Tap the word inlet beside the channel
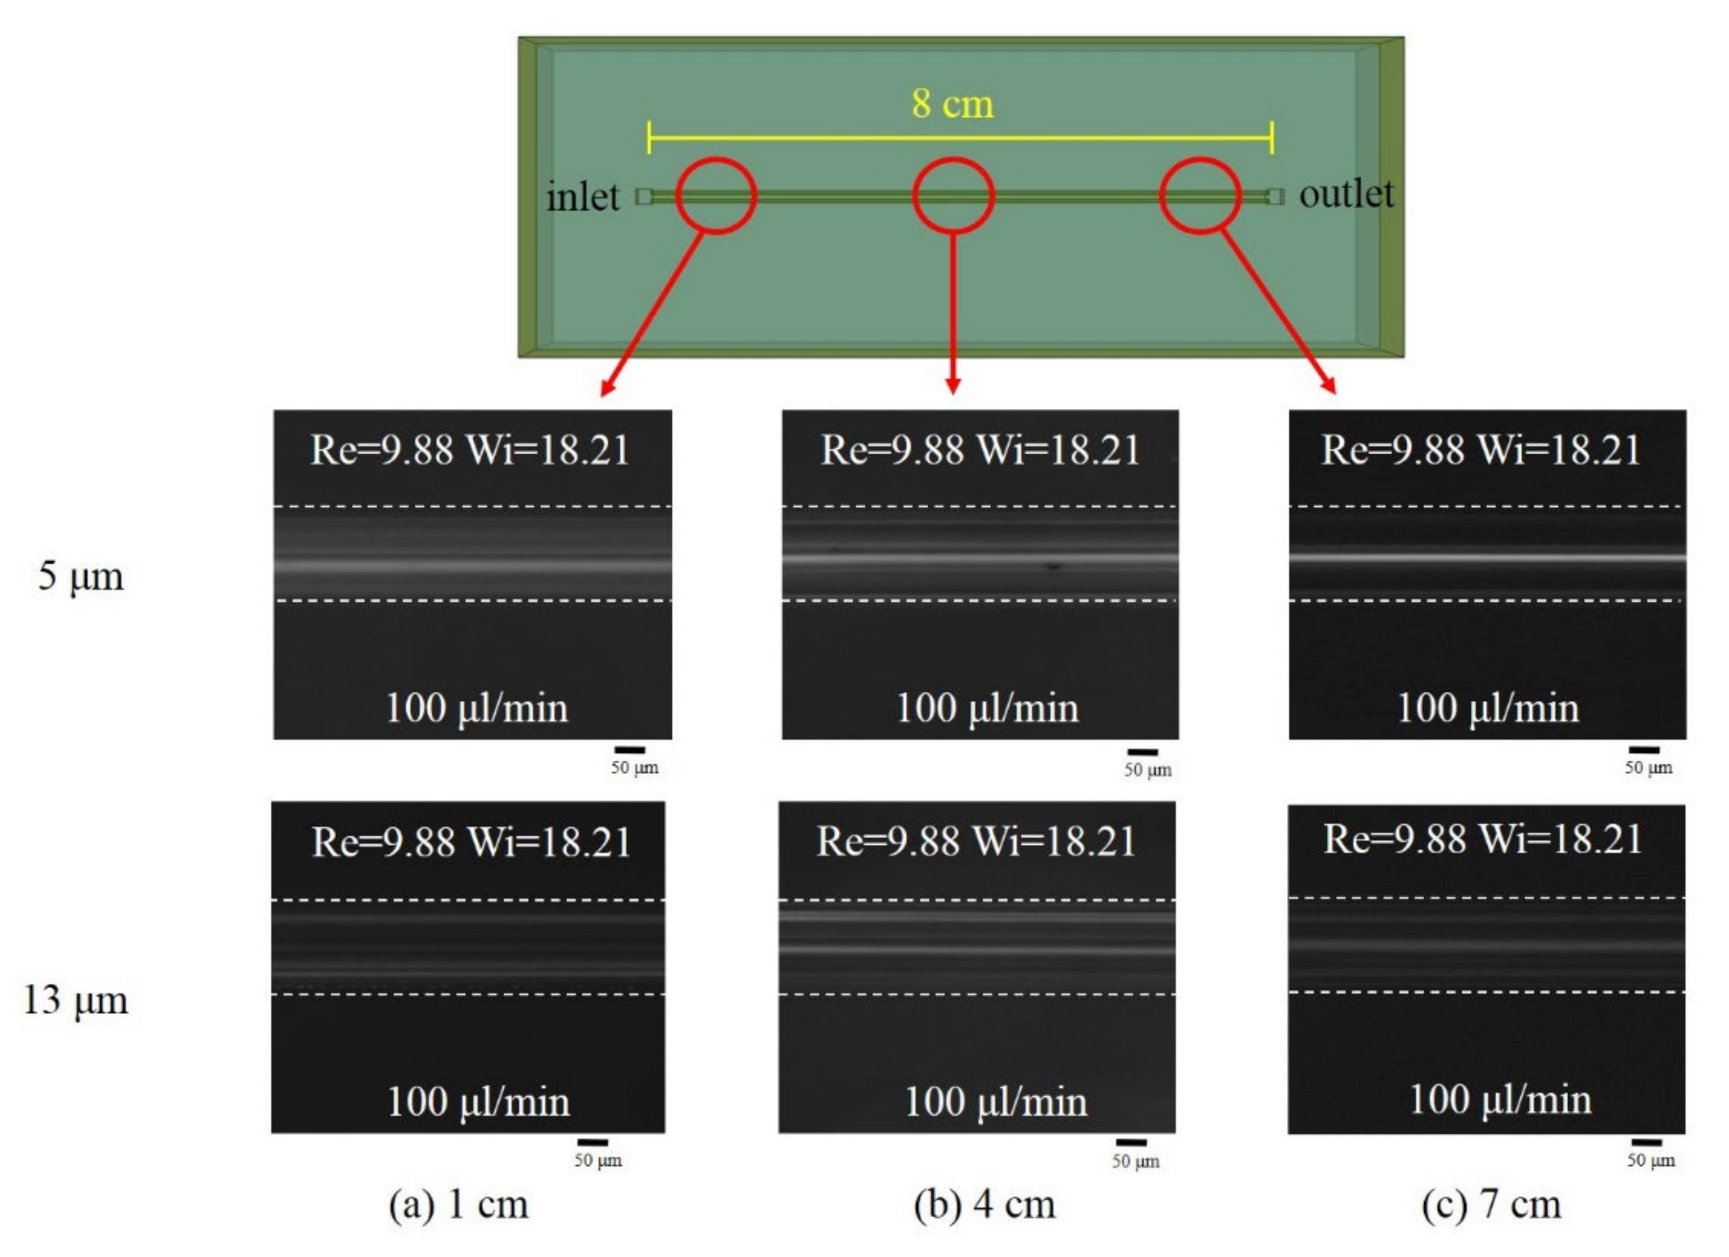583,197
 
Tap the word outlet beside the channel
1346,194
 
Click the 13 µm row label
76,1000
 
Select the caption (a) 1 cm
458,1204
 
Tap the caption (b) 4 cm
985,1204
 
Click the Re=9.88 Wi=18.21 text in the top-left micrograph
470,449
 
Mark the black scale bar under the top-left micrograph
630,750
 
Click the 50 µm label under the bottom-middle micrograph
1135,1161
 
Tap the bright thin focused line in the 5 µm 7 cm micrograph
1486,557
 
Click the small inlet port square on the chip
644,197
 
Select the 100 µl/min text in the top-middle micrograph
987,707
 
